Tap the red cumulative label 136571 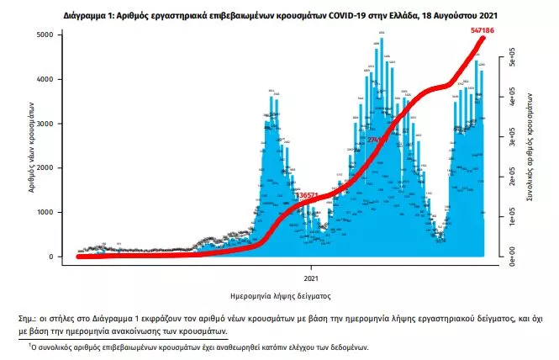click(311, 194)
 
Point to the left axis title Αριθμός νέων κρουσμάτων click(30, 147)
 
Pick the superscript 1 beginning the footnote click(29, 344)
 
